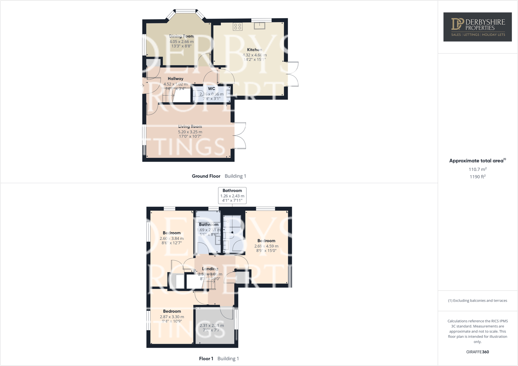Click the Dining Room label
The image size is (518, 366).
[x=181, y=36]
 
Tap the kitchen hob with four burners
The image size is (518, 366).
[x=237, y=27]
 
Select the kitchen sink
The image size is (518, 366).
[x=259, y=26]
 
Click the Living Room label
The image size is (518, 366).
[x=190, y=126]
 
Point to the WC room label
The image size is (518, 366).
[x=212, y=89]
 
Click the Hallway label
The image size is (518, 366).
[x=176, y=79]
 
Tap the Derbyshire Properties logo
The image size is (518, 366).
[x=477, y=27]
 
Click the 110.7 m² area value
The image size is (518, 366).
[x=477, y=169]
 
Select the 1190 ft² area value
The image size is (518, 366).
[x=477, y=177]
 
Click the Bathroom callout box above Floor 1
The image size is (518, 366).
[x=232, y=196]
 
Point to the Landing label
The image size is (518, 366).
[x=210, y=269]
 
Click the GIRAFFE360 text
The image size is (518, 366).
[x=477, y=352]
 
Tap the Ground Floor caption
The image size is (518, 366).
[x=206, y=176]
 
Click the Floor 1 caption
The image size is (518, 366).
[x=206, y=359]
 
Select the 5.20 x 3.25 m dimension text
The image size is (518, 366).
[x=190, y=132]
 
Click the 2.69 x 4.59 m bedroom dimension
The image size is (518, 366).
[x=266, y=246]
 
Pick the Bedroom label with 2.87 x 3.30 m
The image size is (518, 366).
[x=172, y=311]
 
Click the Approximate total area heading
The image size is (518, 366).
[x=477, y=161]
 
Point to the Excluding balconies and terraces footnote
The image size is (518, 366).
[x=477, y=300]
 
